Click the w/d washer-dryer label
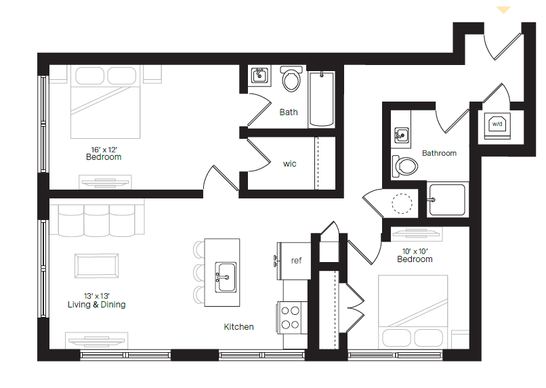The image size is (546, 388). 497,124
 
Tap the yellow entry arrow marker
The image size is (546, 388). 503,10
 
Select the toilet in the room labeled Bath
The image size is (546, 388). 292,80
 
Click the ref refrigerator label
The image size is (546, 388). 296,261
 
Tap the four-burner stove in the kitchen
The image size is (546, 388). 291,318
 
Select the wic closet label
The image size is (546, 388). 289,164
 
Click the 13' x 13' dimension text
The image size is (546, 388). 96,295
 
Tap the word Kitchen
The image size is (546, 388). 239,327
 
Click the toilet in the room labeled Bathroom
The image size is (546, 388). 405,165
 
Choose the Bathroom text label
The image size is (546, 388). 439,153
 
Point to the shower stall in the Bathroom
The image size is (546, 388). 447,199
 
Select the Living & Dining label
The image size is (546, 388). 96,305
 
